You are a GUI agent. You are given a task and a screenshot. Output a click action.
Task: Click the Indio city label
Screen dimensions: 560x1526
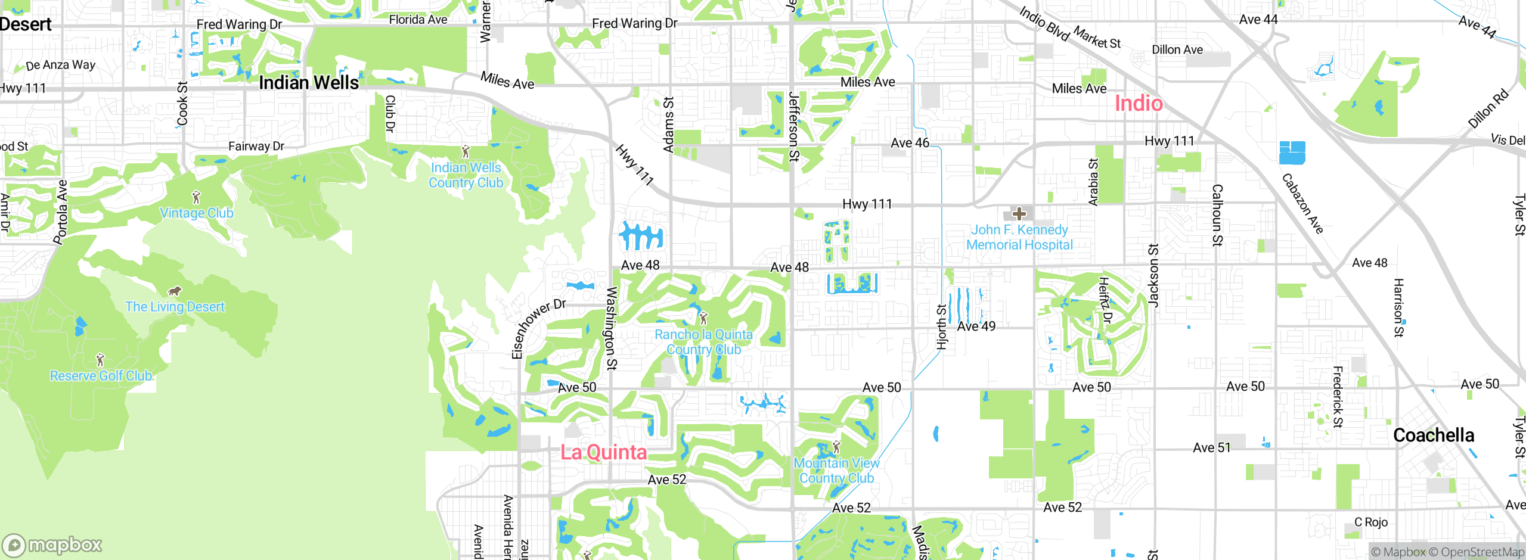click(1139, 104)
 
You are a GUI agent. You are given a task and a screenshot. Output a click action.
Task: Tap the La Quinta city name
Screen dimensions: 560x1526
click(603, 452)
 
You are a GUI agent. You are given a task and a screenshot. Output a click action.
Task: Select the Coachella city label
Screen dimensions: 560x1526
click(1434, 435)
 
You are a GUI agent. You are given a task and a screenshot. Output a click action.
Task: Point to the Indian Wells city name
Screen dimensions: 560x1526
click(309, 83)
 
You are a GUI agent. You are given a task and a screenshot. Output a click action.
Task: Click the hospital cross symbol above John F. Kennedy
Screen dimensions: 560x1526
click(1019, 214)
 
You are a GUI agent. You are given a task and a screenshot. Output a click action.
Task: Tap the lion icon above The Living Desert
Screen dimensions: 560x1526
click(174, 291)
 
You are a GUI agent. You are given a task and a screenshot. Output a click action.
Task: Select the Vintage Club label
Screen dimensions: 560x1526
click(197, 213)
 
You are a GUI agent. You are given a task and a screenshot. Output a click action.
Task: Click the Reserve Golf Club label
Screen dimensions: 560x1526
click(101, 376)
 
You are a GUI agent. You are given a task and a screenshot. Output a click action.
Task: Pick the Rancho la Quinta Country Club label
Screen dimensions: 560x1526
click(703, 342)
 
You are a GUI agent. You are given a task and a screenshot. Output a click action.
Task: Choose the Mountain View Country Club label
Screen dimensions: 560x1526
click(836, 471)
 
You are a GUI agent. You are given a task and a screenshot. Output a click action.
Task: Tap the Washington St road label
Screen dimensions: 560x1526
click(612, 328)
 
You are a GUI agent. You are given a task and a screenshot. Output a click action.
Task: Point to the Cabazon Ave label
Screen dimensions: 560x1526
click(1302, 203)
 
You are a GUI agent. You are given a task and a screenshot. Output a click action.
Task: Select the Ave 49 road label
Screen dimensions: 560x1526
click(976, 326)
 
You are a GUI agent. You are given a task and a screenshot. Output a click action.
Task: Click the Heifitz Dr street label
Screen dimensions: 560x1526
click(1105, 300)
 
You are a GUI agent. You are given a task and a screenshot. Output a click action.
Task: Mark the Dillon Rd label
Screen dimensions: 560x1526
click(1488, 108)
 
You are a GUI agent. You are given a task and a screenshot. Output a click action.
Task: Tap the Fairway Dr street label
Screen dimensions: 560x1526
click(256, 147)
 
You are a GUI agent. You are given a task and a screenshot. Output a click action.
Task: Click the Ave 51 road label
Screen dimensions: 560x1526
click(1211, 448)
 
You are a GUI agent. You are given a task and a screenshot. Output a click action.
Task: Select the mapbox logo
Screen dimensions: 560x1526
click(52, 545)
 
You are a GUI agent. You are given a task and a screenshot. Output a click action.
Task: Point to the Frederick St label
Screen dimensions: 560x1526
click(1338, 397)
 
